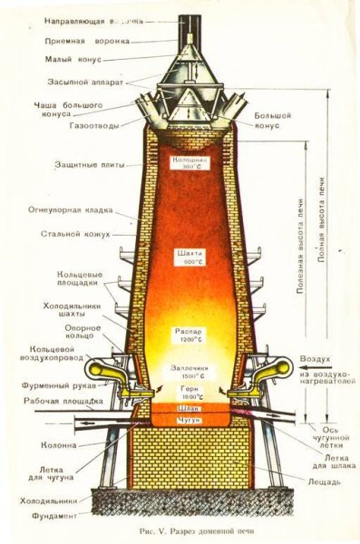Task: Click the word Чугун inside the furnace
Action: [x=190, y=421]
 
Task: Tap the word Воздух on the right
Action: [x=327, y=360]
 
